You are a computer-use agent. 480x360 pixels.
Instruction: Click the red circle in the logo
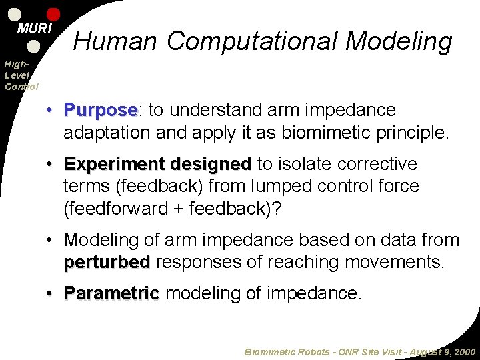click(53, 14)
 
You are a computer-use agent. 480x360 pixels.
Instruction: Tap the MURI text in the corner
click(34, 29)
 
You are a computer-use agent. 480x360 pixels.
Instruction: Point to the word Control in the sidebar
click(21, 86)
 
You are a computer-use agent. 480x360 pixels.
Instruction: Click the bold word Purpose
click(100, 110)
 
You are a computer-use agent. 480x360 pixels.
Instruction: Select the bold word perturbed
click(106, 262)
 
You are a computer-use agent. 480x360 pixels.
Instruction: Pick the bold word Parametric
click(111, 293)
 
